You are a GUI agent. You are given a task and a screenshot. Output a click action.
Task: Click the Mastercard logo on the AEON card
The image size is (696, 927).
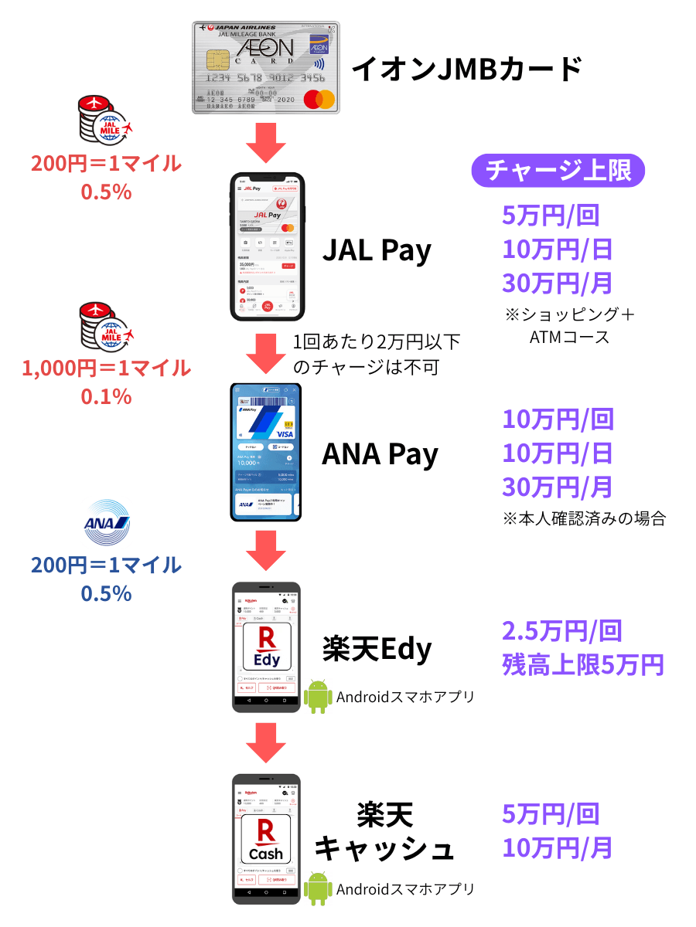(x=319, y=100)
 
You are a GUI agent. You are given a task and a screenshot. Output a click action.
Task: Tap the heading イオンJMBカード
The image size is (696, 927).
(x=466, y=70)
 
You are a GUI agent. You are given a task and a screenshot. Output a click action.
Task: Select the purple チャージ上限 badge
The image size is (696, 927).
(x=558, y=170)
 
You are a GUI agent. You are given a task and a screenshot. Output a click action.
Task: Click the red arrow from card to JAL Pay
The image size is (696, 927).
(x=266, y=143)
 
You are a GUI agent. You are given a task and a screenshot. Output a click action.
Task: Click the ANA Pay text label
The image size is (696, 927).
(x=380, y=454)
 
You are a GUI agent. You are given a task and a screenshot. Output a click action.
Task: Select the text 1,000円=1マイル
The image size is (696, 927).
(x=106, y=368)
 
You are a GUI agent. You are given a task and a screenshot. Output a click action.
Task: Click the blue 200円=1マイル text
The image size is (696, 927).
(x=106, y=565)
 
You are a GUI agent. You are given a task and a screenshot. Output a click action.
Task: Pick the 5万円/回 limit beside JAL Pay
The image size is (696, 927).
(x=551, y=215)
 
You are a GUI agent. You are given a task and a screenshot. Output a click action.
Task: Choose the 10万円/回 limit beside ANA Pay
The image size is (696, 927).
(x=558, y=419)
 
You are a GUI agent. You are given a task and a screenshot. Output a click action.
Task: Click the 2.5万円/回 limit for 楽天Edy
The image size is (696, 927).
(x=561, y=631)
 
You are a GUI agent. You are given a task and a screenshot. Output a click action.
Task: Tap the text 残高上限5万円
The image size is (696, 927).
(x=582, y=664)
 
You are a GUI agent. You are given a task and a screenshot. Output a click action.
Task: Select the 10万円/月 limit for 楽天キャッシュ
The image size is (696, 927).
(x=557, y=847)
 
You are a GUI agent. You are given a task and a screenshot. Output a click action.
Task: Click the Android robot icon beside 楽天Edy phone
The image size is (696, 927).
(x=318, y=696)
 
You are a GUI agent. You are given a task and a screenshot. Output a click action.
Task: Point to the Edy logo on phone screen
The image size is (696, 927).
(x=267, y=647)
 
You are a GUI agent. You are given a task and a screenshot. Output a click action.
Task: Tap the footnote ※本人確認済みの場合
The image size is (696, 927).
(x=584, y=518)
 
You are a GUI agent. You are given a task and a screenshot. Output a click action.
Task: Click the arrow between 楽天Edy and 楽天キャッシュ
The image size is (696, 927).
(x=266, y=742)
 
